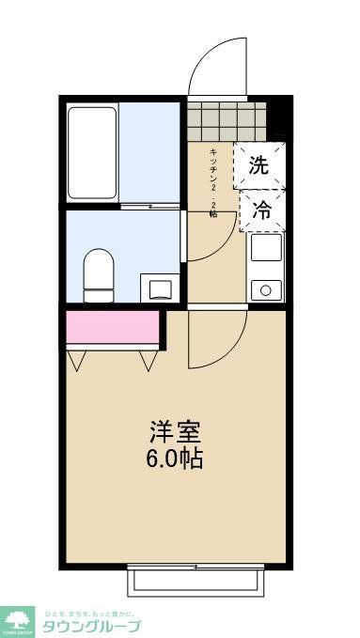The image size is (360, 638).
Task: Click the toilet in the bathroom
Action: click(x=97, y=273)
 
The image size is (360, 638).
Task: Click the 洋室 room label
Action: click(x=175, y=434)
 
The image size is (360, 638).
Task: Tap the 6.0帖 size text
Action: click(x=175, y=460)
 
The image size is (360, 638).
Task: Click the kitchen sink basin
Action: click(x=265, y=250)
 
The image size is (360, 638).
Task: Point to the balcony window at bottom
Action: click(x=196, y=579)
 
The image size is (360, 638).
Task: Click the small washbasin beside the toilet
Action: click(x=157, y=286)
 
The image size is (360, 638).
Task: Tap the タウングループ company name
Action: click(x=92, y=627)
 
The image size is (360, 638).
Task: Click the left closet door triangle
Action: click(x=78, y=359)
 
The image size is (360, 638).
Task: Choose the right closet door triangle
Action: click(x=149, y=359)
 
